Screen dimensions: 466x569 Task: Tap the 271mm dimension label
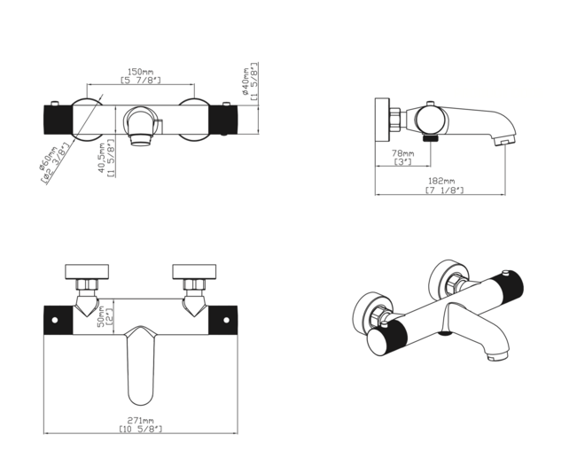141,421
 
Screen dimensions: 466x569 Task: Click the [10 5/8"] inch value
141,430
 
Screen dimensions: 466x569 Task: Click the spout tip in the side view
503,138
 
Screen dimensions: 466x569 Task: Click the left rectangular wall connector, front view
88,270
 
